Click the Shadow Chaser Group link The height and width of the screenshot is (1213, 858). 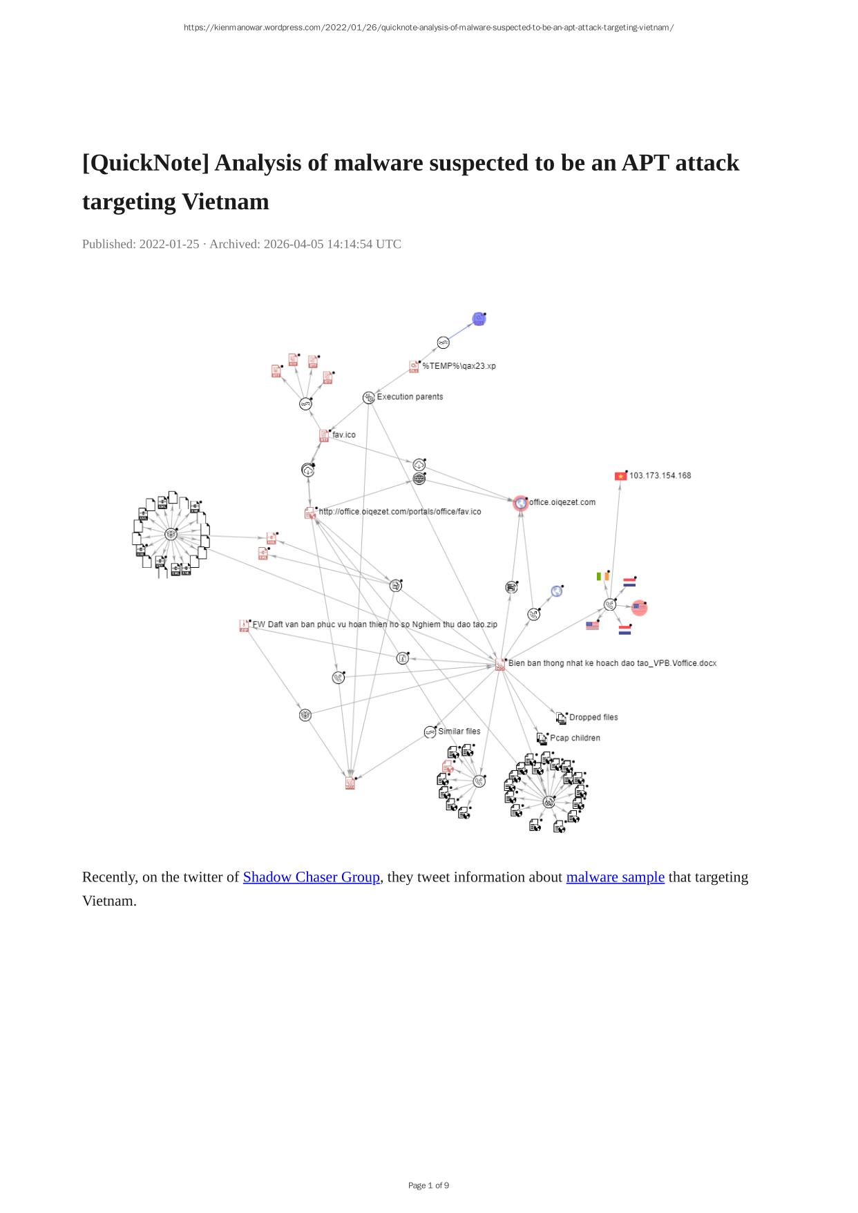[x=311, y=877]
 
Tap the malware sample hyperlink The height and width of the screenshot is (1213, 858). [x=615, y=877]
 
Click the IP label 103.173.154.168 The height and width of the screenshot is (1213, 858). [x=660, y=475]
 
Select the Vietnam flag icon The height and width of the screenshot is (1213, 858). [x=620, y=476]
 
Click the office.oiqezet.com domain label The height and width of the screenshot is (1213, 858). [x=562, y=502]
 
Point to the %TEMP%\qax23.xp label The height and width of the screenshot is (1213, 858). [x=459, y=366]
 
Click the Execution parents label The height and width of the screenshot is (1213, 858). [x=410, y=397]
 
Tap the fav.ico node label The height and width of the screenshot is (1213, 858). [x=344, y=434]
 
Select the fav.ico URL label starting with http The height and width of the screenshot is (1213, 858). [x=399, y=512]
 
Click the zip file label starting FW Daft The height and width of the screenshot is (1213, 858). [x=374, y=624]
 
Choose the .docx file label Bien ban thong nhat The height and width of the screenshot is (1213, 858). [x=612, y=663]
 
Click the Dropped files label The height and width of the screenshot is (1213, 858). [x=593, y=717]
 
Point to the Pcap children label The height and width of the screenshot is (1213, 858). [x=575, y=738]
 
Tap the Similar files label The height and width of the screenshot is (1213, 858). [x=459, y=731]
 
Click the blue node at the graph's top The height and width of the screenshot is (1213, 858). [x=479, y=318]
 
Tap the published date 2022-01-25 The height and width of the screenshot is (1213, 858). [x=169, y=244]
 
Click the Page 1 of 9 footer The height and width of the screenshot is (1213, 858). [x=428, y=1185]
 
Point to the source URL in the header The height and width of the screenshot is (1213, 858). [x=428, y=28]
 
